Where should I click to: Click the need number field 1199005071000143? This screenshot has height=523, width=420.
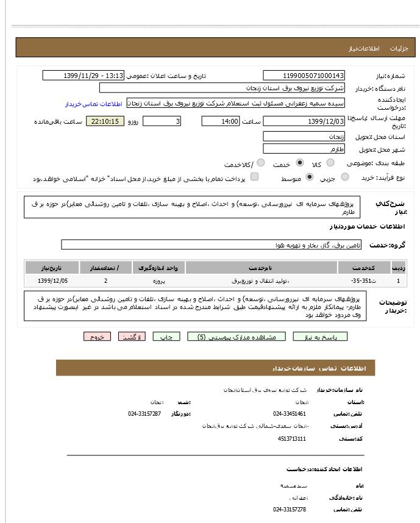pos(304,76)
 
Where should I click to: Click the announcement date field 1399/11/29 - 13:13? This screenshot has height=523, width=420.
pos(83,76)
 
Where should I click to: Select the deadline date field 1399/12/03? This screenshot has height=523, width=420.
pos(304,121)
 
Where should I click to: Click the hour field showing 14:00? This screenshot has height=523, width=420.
pos(221,121)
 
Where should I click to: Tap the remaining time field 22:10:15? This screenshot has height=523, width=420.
pos(105,121)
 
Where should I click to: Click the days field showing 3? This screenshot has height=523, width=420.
pos(162,121)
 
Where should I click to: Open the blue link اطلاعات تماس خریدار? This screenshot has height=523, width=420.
pos(93,104)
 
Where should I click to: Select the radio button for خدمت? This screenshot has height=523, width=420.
pos(299,163)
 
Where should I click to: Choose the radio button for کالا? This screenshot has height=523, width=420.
pos(330,163)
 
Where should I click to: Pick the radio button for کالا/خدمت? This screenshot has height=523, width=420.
pos(260,163)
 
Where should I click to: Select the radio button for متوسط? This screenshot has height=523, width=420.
pos(309,177)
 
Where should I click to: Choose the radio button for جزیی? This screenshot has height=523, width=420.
pos(346,177)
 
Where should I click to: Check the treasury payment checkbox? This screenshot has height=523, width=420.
pos(254,177)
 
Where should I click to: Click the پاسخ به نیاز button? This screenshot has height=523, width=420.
pos(320,337)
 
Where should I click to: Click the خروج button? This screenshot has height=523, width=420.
pos(98,337)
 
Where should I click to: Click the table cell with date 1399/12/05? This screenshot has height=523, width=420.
pos(53,281)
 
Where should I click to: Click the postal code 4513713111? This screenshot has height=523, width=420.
pos(292,438)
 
